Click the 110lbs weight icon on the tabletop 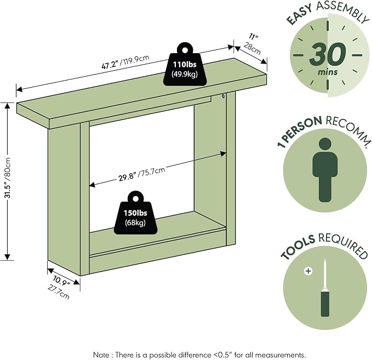click(x=185, y=64)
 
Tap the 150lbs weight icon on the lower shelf click(x=135, y=213)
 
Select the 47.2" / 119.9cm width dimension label click(x=125, y=62)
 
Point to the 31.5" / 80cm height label click(x=8, y=178)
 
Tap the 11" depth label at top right click(x=254, y=37)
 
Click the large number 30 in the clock click(x=328, y=54)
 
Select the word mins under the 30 click(x=328, y=71)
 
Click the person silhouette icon click(x=325, y=170)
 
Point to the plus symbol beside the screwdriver click(x=308, y=271)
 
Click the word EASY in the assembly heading click(x=299, y=15)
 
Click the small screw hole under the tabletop click(x=223, y=96)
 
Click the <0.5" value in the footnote click(x=222, y=355)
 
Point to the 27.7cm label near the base click(x=59, y=292)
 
